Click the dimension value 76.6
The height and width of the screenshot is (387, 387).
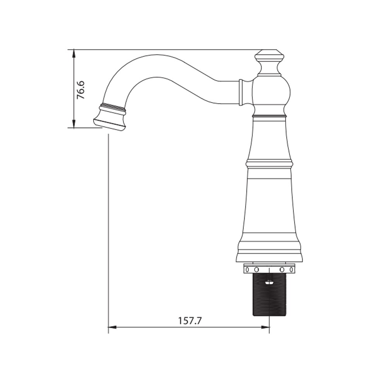[x=81, y=90]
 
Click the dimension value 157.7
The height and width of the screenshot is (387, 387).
[x=190, y=321]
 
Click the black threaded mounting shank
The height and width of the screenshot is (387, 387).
[x=269, y=294]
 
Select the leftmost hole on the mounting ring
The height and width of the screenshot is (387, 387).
[x=247, y=269]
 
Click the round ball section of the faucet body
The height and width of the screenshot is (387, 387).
[x=271, y=94]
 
